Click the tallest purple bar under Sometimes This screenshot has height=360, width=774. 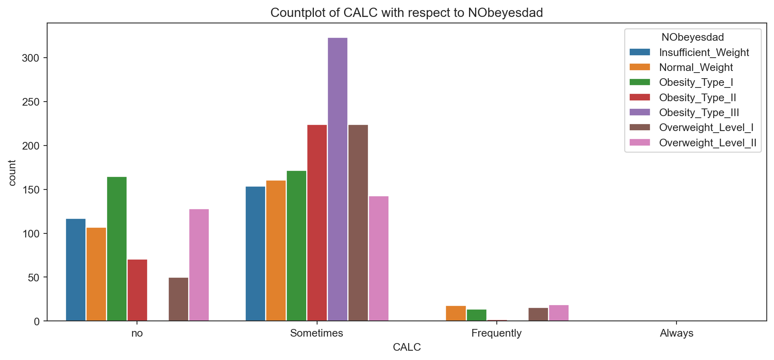pos(338,179)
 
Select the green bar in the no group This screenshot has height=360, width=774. pos(117,249)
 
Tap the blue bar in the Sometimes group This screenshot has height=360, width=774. pos(255,254)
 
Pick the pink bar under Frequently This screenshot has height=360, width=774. pos(559,313)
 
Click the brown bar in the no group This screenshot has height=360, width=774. pos(178,299)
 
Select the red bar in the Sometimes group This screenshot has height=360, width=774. pos(317,223)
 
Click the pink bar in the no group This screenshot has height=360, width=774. pos(199,265)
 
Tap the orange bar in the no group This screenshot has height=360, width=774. pos(96,274)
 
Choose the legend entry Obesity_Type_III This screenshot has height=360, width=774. pos(699,112)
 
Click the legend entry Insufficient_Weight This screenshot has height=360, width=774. pos(703,52)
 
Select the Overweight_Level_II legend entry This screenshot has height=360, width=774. pos(707,143)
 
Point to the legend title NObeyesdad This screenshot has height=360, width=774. pos(693,37)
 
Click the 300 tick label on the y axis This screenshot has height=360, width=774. pos(31,58)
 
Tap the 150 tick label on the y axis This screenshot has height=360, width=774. pos(31,190)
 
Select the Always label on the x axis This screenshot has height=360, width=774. pos(676,333)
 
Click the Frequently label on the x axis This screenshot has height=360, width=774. pos(496,333)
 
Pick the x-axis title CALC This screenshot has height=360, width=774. pos(407,347)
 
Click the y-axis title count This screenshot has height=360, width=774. pos(12,173)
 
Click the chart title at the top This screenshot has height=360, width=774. pos(407,13)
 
